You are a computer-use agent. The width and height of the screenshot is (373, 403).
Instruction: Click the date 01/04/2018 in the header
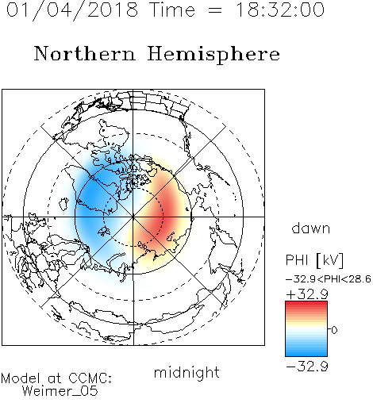[x=72, y=10]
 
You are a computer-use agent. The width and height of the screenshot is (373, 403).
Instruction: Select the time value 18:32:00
[x=280, y=10]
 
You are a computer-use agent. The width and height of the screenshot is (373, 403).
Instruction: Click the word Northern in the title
[x=85, y=53]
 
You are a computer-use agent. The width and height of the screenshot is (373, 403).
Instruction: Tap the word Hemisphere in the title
[x=213, y=54]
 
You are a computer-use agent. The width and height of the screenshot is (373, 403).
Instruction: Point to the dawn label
[x=311, y=228]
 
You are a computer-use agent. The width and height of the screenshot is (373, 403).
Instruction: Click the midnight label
[x=186, y=373]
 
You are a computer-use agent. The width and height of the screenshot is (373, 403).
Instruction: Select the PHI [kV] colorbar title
[x=314, y=260]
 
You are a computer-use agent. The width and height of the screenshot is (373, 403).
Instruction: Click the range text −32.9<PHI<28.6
[x=329, y=279]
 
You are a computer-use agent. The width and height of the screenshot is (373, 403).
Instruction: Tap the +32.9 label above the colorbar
[x=307, y=294]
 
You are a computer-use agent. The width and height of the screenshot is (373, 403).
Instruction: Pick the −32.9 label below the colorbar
[x=307, y=367]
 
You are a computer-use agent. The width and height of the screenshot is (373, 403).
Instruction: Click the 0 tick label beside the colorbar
[x=334, y=330]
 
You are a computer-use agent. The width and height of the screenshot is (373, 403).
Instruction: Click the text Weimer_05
[x=60, y=391]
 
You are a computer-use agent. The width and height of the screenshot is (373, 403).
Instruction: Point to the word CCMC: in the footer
[x=90, y=378]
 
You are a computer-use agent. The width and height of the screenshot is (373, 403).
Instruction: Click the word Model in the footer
[x=21, y=378]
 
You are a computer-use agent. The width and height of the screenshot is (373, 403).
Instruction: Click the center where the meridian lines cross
[x=133, y=217]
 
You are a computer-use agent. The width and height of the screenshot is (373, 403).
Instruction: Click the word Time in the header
[x=172, y=10]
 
